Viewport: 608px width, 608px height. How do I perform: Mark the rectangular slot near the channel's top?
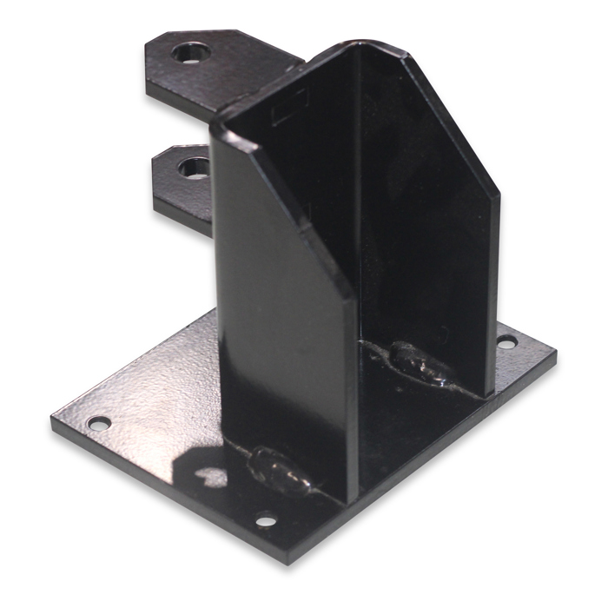coord(287,114)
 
